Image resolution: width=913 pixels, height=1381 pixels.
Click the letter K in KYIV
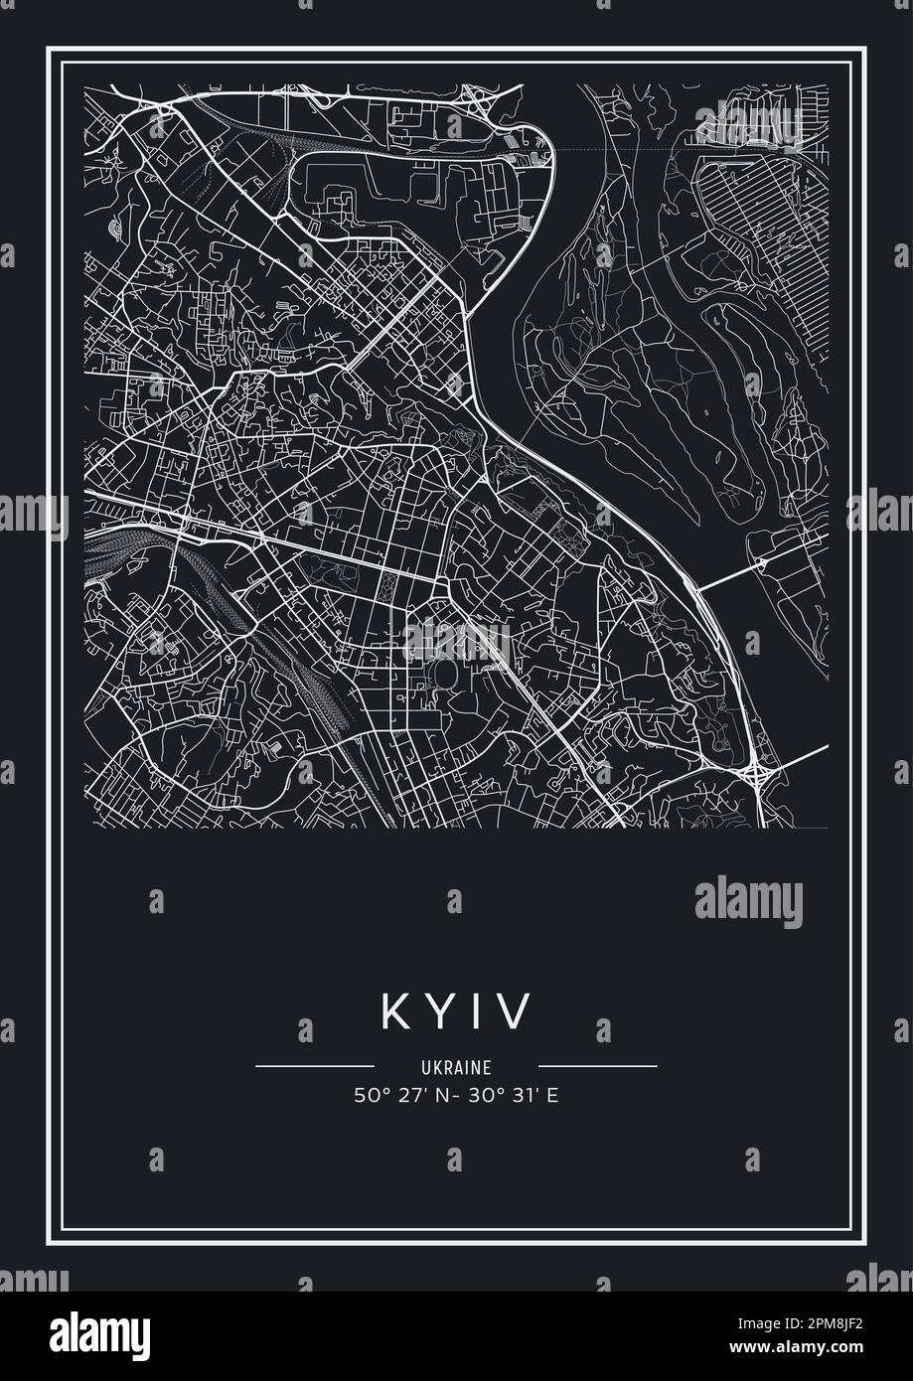(392, 1012)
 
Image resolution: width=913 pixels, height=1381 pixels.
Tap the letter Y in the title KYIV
(439, 1012)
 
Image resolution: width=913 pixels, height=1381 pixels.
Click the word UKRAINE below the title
(456, 1068)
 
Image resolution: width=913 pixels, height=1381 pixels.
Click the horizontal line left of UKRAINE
(314, 1066)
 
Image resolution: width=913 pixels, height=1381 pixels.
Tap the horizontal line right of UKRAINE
(598, 1066)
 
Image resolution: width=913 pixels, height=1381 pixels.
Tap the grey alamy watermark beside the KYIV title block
(748, 901)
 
